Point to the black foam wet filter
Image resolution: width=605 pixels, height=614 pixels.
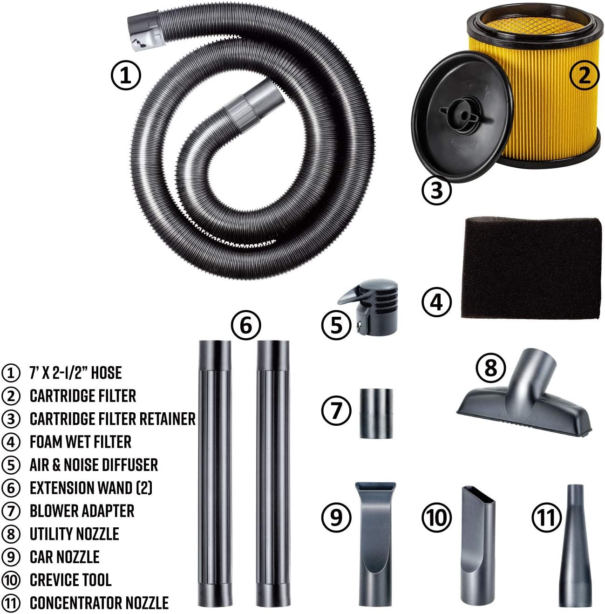[x=531, y=268]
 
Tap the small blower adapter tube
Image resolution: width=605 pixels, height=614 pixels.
[x=376, y=413]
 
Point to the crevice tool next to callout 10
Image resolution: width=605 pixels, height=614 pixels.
[x=478, y=546]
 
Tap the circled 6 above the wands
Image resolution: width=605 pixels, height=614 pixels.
[x=245, y=325]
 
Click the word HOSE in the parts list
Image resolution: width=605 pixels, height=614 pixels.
[x=106, y=373]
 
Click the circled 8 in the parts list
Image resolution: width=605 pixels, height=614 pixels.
[x=11, y=534]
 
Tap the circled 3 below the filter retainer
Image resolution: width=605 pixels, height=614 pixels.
[x=436, y=190]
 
